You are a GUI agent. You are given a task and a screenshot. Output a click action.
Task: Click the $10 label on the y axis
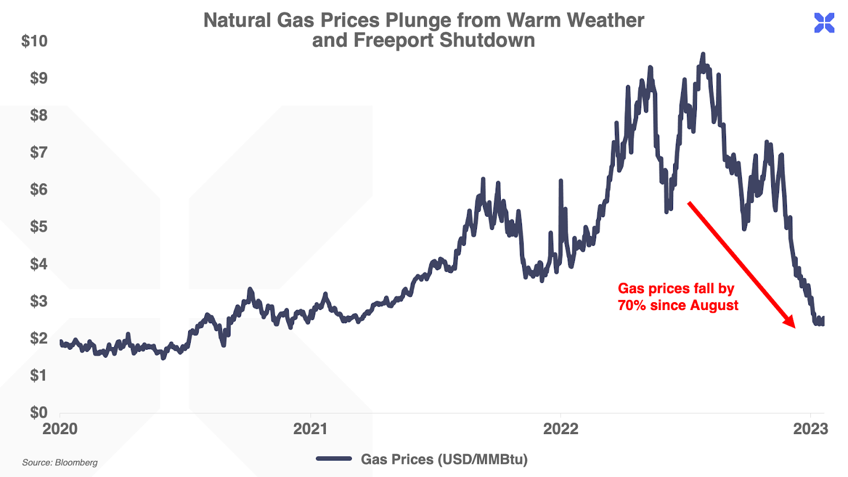coord(34,41)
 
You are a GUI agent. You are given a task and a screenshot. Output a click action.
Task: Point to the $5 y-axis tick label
coord(39,227)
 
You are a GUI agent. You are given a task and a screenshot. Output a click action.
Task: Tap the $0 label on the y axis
coord(39,412)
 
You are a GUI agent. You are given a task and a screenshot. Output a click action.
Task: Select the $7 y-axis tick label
coord(39,153)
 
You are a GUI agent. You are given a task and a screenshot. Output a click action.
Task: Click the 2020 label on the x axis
coord(60,429)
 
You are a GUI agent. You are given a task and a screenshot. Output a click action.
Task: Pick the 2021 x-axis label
coord(310,429)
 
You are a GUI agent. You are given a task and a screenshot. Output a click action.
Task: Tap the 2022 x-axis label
coord(561,429)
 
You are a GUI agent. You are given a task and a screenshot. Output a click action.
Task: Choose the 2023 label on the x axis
coord(810,429)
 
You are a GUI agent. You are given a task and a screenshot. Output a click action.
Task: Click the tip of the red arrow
coord(794,327)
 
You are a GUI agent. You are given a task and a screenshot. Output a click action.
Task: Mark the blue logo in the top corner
coord(824,23)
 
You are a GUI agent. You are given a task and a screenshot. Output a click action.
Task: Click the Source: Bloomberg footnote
coord(60,463)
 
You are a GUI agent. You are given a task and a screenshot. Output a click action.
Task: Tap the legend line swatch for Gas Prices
coord(334,458)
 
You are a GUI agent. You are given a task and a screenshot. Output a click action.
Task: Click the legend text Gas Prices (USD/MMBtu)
coord(444,459)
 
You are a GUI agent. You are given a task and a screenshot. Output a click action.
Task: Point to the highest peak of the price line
coord(703,54)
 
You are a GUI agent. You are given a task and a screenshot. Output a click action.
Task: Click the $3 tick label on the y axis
coord(39,301)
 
